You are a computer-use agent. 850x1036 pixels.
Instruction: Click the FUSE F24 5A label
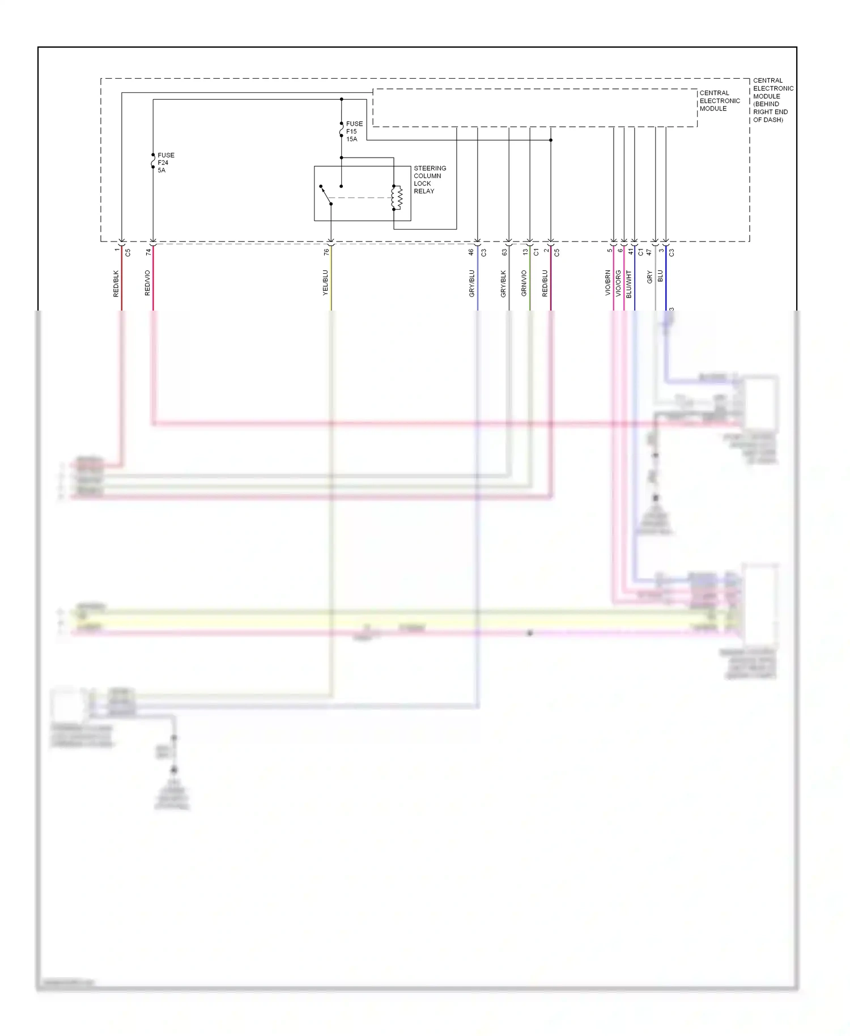click(x=165, y=163)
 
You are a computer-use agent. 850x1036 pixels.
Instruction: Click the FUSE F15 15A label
click(x=354, y=131)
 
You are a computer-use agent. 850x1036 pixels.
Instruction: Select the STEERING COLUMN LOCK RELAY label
click(x=430, y=180)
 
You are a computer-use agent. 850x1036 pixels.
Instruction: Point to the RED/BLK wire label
click(x=116, y=283)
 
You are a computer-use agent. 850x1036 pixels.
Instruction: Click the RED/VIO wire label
click(x=148, y=283)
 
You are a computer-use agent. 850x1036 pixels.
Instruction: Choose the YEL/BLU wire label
click(x=326, y=283)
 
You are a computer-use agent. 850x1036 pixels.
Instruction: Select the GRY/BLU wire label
click(x=472, y=283)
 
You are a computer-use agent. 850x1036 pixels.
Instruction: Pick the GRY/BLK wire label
click(x=504, y=283)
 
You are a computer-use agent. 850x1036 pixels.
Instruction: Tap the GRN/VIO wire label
click(x=524, y=283)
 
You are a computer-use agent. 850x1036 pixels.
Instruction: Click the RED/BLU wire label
click(x=545, y=283)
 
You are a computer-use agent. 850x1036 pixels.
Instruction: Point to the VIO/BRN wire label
click(x=608, y=283)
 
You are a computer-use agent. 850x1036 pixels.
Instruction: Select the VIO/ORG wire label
click(x=618, y=283)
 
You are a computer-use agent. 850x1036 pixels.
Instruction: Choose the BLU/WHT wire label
click(x=629, y=284)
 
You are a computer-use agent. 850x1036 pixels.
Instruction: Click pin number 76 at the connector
click(x=326, y=252)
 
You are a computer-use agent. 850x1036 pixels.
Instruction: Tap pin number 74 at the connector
click(x=148, y=252)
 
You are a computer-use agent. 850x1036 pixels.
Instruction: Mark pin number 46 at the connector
click(x=471, y=252)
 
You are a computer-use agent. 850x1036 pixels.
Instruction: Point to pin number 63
click(x=504, y=252)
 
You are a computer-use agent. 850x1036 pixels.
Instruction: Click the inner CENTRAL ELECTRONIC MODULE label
click(x=720, y=101)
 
